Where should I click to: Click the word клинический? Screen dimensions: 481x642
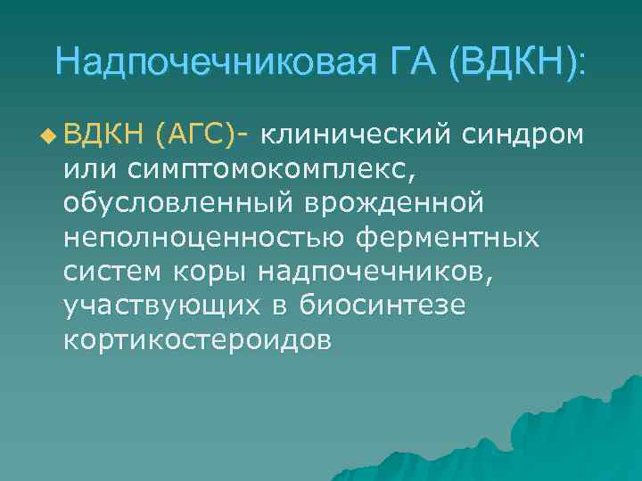coord(359,135)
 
